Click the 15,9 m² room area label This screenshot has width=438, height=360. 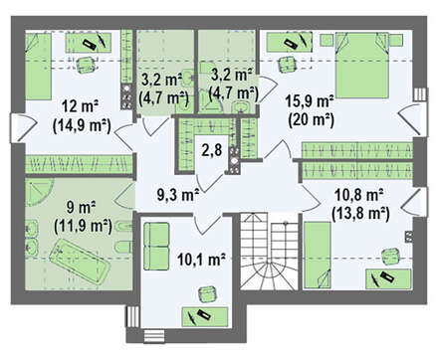[310, 101]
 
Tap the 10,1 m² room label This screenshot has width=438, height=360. [201, 259]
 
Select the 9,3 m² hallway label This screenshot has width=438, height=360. [178, 195]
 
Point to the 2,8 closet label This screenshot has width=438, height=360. [212, 150]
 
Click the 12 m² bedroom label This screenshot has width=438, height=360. [80, 106]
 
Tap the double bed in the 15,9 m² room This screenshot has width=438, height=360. [361, 65]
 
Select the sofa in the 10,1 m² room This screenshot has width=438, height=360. [156, 246]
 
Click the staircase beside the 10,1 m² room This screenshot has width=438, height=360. [269, 251]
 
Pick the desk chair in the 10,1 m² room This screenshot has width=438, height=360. [208, 294]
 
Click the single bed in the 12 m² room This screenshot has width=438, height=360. [39, 66]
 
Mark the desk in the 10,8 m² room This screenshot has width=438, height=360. [387, 278]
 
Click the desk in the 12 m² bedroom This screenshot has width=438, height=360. [88, 43]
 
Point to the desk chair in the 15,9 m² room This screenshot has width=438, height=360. [287, 65]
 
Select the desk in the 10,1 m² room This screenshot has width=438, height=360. [205, 316]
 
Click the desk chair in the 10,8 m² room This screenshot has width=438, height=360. [389, 257]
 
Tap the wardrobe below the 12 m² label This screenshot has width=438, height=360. [79, 164]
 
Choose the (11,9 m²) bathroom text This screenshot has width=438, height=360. [83, 226]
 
